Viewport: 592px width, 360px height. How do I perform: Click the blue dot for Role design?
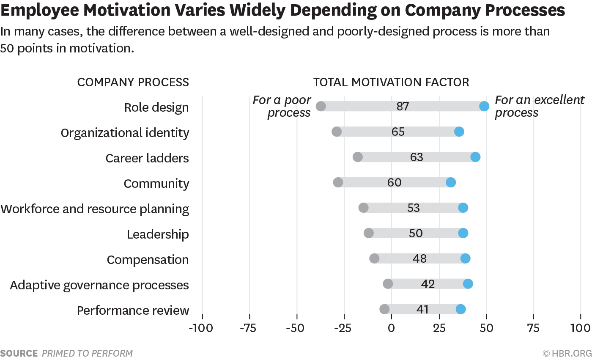coord(484,106)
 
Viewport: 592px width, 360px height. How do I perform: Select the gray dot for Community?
coord(338,182)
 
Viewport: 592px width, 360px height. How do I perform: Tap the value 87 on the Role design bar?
coord(403,107)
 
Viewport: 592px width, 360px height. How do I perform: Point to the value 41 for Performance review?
coord(422,310)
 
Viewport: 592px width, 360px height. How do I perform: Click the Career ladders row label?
coord(147,158)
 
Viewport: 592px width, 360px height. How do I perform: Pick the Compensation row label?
coord(148,260)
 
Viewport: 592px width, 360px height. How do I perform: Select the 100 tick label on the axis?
coord(580,328)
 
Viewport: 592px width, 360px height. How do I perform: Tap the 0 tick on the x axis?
coord(392,328)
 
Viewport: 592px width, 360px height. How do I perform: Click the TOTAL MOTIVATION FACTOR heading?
coord(391,82)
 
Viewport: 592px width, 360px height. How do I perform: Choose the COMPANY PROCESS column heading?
coord(133,82)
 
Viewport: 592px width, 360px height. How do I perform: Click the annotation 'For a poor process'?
coord(282,107)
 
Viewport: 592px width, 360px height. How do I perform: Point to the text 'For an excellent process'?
coord(539,107)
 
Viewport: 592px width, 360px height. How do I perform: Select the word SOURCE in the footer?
coord(19,353)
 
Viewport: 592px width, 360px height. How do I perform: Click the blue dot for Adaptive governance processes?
coord(468,284)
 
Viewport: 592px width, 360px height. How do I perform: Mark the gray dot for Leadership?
coord(369,233)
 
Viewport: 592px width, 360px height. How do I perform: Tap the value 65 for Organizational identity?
coord(398,132)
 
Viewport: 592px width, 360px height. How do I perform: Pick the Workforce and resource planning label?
coord(95,209)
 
